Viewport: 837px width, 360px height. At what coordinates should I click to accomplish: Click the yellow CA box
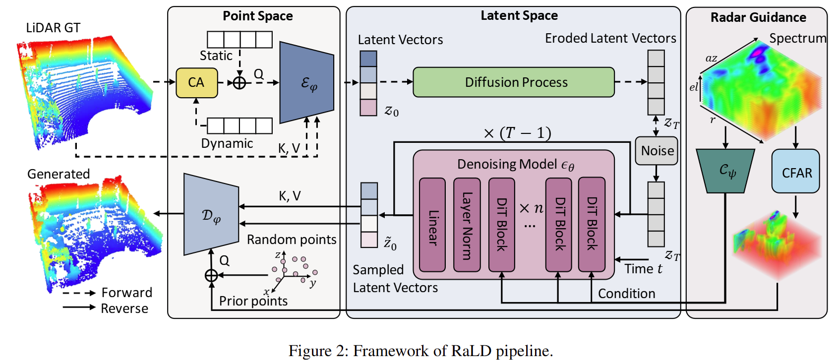196,82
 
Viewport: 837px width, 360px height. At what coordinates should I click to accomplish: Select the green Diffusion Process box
513,82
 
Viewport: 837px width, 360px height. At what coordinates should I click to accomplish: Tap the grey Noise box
657,151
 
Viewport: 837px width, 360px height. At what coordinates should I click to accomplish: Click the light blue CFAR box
796,172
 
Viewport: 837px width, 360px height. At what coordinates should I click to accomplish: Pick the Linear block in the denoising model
432,225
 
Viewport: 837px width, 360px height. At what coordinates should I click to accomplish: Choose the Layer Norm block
467,225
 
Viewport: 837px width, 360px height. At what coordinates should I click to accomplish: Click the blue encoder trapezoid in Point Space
306,82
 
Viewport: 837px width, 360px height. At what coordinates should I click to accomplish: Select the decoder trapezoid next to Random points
211,214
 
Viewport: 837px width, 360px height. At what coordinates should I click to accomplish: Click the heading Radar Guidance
758,17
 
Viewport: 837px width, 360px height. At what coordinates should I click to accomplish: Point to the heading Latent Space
519,15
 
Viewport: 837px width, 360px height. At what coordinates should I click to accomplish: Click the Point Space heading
257,16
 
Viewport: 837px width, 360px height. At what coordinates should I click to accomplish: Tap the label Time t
643,269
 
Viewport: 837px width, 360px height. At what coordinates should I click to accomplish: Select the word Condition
626,294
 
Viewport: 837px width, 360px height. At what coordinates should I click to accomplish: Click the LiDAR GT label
53,28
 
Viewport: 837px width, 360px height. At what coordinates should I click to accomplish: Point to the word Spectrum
797,38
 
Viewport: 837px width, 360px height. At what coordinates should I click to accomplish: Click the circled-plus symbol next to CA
239,82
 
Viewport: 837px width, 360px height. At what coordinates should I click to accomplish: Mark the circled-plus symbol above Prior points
211,275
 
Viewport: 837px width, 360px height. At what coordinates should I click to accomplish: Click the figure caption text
420,351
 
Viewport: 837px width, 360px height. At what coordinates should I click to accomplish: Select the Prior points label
253,301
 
